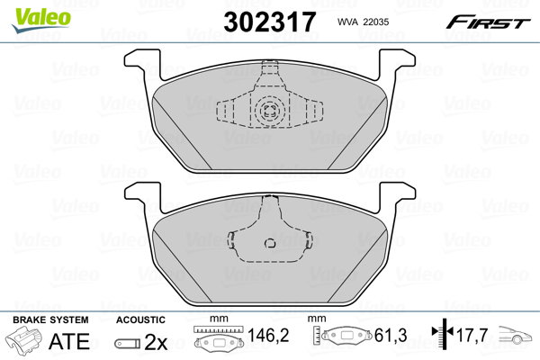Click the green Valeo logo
point(41,20)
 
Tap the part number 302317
point(270,22)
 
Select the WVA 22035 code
point(363,22)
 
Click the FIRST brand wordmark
point(488,22)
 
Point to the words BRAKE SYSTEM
point(50,319)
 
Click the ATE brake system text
point(69,341)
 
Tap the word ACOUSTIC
point(140,319)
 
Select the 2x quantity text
point(156,342)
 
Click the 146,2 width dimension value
point(268,335)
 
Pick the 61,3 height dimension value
point(391,335)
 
